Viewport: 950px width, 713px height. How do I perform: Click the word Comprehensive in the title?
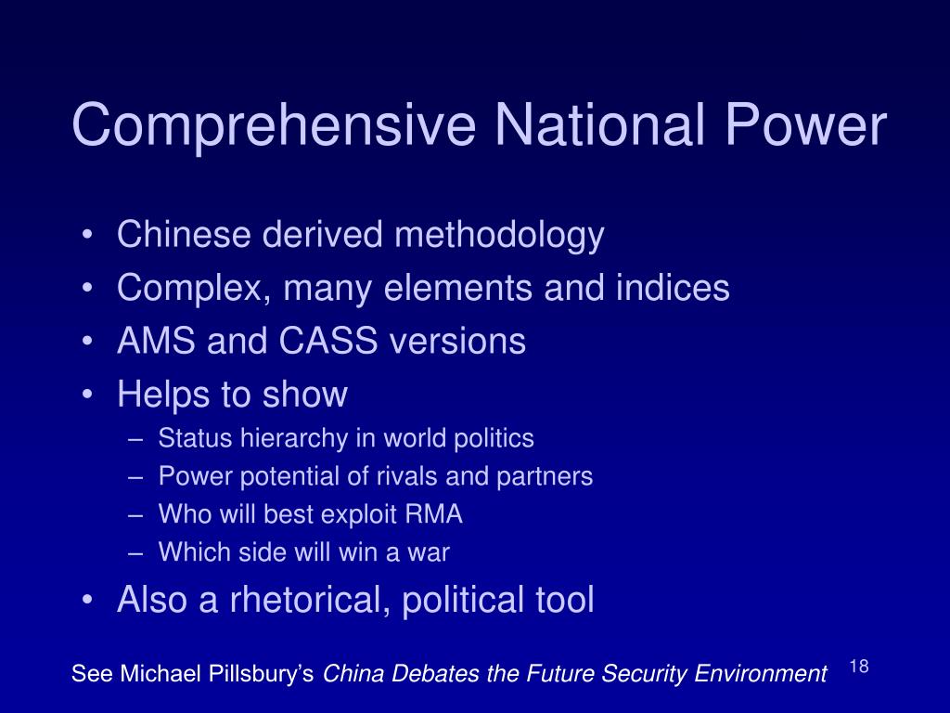tap(274, 126)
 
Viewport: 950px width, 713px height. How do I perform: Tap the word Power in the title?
tap(806, 125)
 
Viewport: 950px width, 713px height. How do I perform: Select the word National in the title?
tap(600, 124)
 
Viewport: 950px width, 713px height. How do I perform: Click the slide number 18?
tap(859, 667)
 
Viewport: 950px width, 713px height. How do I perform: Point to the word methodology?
tap(499, 235)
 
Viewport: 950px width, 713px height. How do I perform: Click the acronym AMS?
tap(156, 340)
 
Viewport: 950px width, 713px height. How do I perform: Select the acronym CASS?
tap(327, 340)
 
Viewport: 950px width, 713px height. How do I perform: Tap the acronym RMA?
tap(433, 514)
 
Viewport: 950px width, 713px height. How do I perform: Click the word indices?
tap(673, 287)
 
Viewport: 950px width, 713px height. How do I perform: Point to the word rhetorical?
tap(309, 599)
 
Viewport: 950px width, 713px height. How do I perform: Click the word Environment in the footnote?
tap(761, 674)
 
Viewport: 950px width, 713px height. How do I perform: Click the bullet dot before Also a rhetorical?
tap(88, 599)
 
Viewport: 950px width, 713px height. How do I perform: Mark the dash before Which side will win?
tap(135, 553)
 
